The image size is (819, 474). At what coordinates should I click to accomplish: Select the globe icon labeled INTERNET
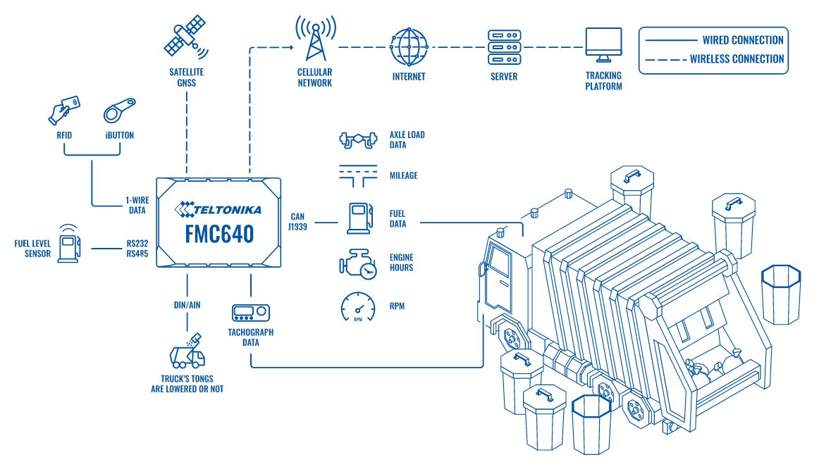click(x=409, y=46)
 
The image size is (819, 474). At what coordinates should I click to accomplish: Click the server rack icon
click(x=504, y=46)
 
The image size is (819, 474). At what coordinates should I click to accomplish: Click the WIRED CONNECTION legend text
click(x=743, y=40)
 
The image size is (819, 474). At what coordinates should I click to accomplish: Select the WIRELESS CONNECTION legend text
click(x=737, y=59)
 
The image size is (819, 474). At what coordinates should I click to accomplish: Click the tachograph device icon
click(x=250, y=313)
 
